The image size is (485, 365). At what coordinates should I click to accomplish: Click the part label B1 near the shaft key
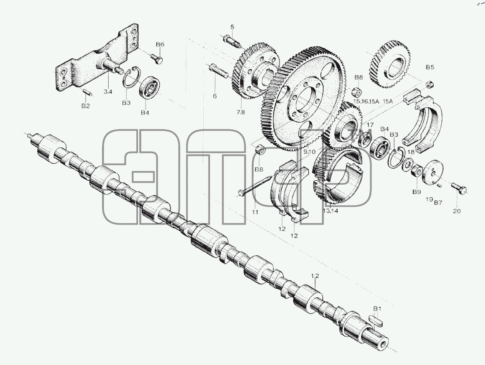click(x=377, y=309)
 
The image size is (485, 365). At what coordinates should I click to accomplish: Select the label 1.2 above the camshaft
click(x=315, y=276)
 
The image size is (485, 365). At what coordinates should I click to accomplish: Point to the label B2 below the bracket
click(x=86, y=106)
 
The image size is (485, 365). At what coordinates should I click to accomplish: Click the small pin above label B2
click(x=88, y=92)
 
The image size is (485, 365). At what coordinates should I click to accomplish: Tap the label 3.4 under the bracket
click(x=108, y=92)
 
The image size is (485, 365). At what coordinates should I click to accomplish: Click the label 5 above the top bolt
click(x=232, y=27)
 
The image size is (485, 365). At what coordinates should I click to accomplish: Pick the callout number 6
click(x=214, y=96)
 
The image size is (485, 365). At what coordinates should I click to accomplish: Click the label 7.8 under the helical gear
click(x=241, y=112)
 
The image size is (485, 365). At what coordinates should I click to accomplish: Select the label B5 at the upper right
click(x=430, y=67)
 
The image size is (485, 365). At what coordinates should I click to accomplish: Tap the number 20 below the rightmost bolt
click(x=457, y=211)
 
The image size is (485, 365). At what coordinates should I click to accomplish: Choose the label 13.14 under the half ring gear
click(x=330, y=211)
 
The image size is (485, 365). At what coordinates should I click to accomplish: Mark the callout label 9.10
click(x=310, y=152)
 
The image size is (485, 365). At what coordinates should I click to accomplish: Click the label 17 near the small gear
click(x=370, y=125)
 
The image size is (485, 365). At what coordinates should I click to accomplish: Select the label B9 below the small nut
click(x=417, y=192)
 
